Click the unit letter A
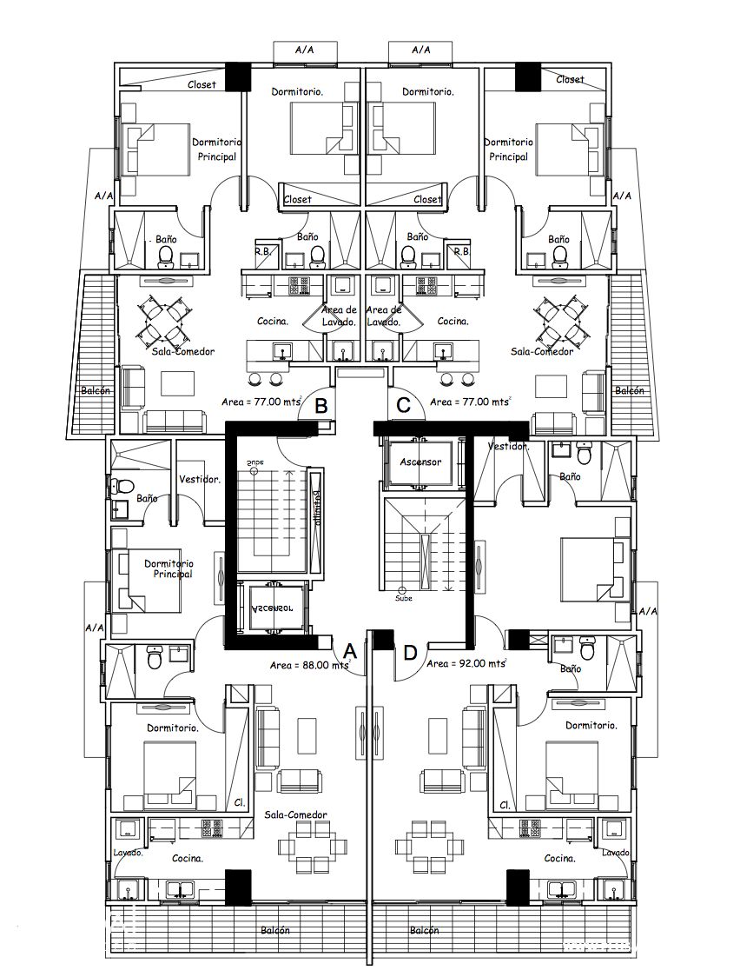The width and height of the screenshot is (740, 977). [350, 650]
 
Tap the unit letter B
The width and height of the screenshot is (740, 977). [320, 405]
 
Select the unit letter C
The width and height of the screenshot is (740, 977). [403, 405]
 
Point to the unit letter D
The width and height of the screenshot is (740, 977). [410, 651]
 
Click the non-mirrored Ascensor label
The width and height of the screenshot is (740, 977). [420, 462]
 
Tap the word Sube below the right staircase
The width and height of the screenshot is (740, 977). [403, 598]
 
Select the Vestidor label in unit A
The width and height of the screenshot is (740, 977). [200, 479]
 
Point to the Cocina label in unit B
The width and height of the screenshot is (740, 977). [273, 321]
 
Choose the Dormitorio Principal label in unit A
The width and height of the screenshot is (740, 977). [168, 568]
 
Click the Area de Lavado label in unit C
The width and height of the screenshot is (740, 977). [383, 316]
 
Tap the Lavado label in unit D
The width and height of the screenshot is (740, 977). [615, 853]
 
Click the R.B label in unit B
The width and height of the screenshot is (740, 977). [261, 251]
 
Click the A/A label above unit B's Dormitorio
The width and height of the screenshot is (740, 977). [304, 50]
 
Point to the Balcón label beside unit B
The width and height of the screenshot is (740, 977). [96, 391]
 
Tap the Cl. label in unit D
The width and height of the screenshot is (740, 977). [504, 805]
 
